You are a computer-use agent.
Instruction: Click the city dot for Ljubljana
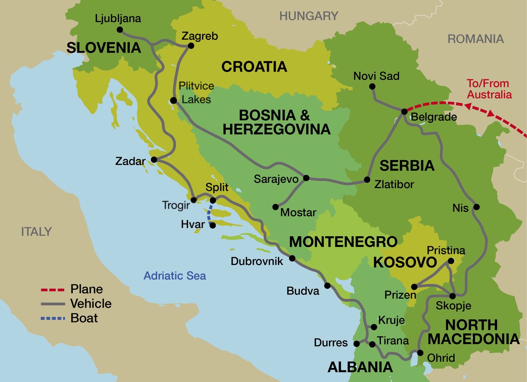tap(120, 30)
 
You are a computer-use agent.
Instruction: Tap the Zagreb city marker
tap(191, 47)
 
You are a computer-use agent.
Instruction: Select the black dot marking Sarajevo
tap(306, 178)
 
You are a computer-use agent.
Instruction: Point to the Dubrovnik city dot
tap(292, 259)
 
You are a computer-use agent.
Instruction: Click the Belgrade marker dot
tap(404, 112)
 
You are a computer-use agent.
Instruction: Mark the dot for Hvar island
tap(212, 225)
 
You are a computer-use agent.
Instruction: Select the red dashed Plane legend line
tap(53, 290)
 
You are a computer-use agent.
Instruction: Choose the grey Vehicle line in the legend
tap(53, 304)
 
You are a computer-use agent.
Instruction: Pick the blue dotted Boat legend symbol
tap(53, 318)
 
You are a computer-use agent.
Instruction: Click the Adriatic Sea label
tap(175, 275)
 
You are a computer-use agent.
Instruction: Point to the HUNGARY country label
tap(309, 16)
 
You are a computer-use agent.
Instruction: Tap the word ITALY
tap(37, 232)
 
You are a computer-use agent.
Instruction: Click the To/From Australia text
tap(489, 89)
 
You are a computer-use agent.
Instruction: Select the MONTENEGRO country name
tap(343, 242)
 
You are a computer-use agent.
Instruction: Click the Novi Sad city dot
tap(372, 86)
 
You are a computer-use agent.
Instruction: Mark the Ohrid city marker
tap(420, 352)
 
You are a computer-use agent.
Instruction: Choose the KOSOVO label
tap(405, 262)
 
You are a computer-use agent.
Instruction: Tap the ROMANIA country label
tap(476, 39)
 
